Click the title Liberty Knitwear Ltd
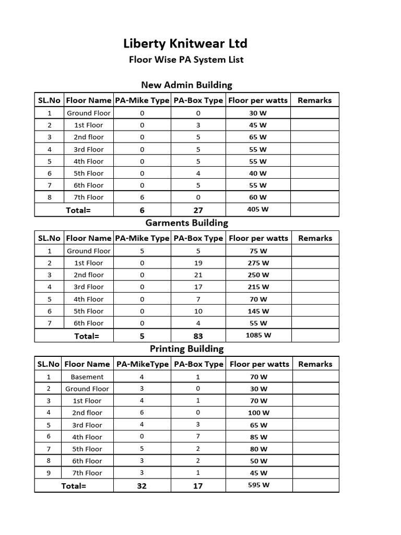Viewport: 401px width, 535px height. pos(185,43)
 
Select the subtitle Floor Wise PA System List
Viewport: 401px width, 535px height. pos(186,60)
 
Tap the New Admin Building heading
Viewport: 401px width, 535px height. pos(186,85)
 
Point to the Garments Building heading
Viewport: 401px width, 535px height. pos(186,223)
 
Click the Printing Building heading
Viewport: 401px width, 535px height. pos(186,348)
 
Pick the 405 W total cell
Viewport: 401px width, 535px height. pos(257,210)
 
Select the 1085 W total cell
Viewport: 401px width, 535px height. pos(258,335)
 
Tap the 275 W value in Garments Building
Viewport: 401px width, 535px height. pos(258,263)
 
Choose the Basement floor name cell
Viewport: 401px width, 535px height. pos(87,377)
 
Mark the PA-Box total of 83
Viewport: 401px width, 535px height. pos(198,336)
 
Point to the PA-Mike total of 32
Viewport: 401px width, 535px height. pos(141,486)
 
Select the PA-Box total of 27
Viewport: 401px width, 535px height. pos(198,210)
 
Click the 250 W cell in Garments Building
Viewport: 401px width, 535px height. pos(258,275)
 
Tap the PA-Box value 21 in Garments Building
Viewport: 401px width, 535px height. pos(198,275)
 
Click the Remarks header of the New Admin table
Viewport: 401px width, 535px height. pos(314,100)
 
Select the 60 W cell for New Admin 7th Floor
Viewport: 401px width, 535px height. pos(257,197)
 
